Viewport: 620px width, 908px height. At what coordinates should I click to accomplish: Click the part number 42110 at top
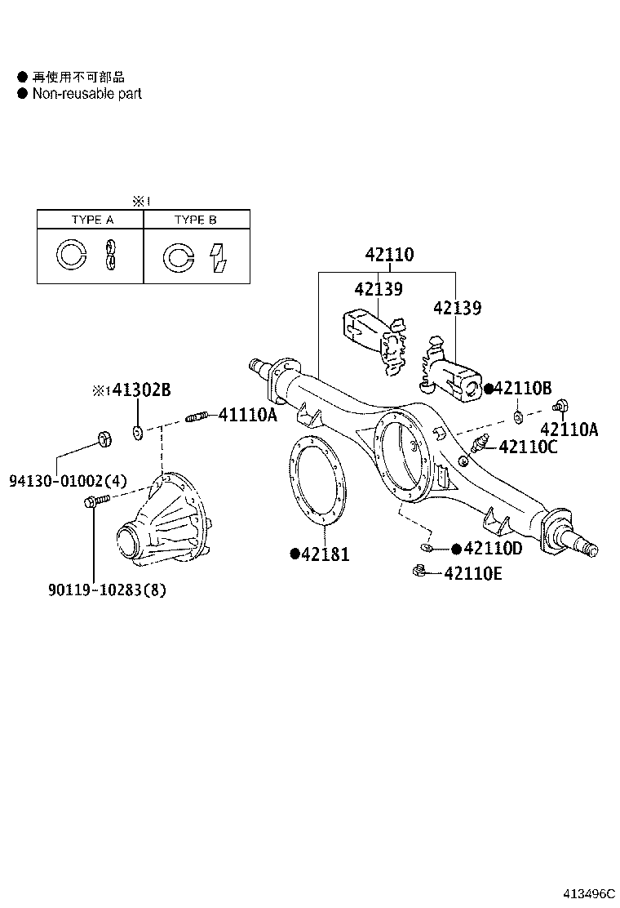point(389,255)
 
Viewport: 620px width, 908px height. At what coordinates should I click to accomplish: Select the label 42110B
point(523,389)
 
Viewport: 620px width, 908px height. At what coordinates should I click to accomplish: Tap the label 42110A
point(569,430)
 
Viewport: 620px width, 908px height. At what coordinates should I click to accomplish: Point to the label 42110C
point(528,447)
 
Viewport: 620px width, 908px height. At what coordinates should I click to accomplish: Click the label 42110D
point(493,549)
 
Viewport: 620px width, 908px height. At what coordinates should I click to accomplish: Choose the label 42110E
point(473,574)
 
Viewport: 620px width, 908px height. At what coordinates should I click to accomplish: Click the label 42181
point(325,554)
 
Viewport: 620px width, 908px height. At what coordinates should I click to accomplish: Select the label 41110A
point(247,416)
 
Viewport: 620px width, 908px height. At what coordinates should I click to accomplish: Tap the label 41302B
point(140,390)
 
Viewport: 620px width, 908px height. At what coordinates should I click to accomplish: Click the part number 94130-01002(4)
point(69,481)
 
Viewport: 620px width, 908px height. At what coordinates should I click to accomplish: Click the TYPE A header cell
point(91,220)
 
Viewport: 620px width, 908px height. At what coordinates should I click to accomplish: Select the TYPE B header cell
point(196,220)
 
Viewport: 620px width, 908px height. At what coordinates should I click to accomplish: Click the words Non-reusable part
point(86,94)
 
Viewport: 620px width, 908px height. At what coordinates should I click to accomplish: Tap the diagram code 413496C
point(582,893)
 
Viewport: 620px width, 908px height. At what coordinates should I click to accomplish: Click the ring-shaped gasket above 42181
point(317,483)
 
